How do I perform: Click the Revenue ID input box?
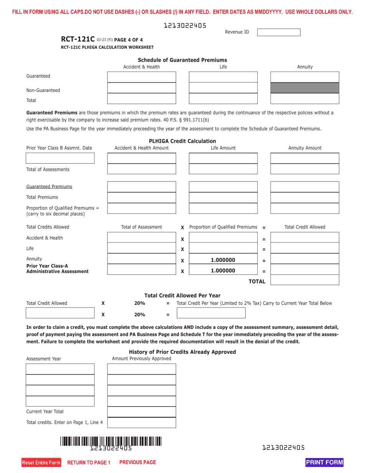(279, 32)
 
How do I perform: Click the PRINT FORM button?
(324, 462)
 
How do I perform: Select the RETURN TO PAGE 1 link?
(89, 463)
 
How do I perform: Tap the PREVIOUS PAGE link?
(138, 462)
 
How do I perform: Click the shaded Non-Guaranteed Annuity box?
(305, 88)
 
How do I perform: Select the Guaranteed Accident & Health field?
(141, 77)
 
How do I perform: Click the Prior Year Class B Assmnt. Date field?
(60, 158)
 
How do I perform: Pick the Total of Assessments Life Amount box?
(223, 169)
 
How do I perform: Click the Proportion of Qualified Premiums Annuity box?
(305, 208)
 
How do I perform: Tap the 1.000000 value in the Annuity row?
(223, 260)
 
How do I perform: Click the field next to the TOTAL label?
(305, 280)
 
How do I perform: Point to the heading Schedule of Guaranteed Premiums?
(182, 60)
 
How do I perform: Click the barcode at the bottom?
(111, 441)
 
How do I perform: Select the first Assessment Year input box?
(60, 369)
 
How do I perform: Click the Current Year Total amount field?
(141, 412)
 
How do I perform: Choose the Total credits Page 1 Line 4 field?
(141, 423)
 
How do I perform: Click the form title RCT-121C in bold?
(78, 39)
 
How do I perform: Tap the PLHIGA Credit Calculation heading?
(182, 141)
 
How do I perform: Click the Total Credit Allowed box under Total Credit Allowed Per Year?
(60, 313)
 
